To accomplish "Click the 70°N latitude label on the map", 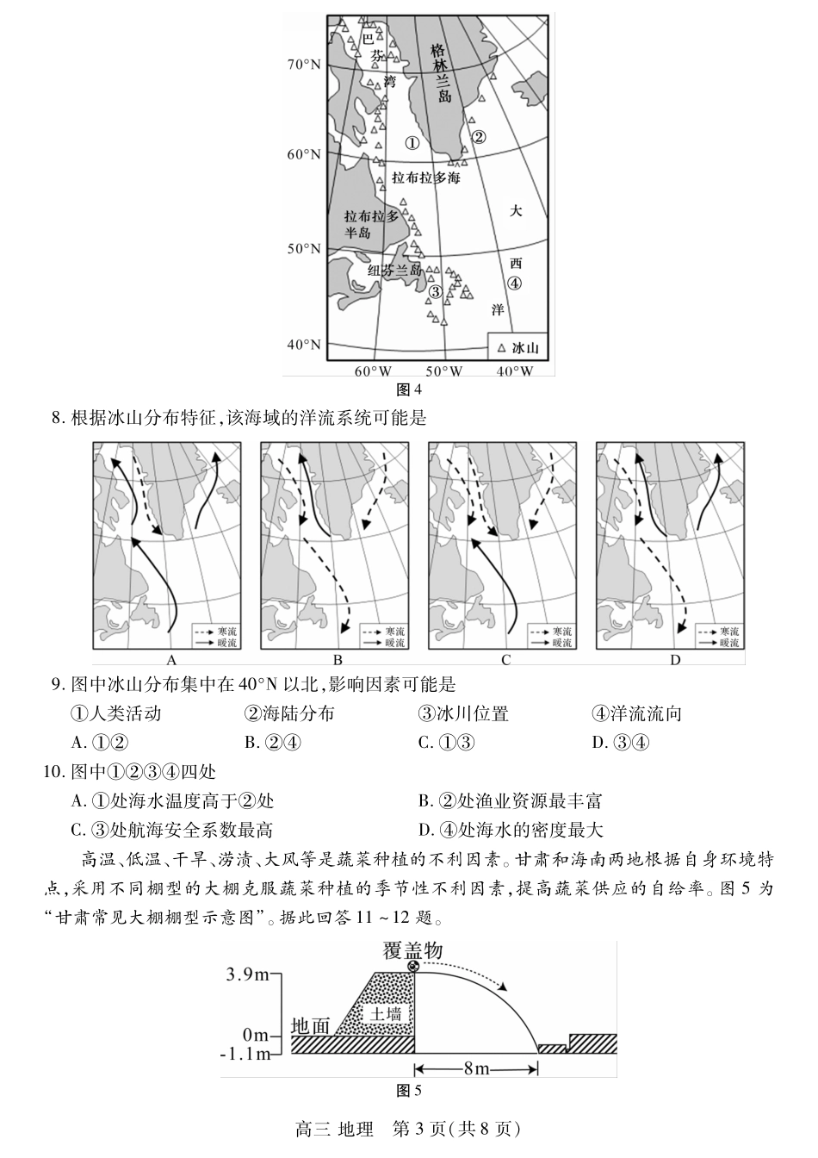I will point(303,65).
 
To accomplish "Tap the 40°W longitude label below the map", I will point(515,371).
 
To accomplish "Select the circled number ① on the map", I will point(412,144).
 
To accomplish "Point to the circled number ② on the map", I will point(480,136).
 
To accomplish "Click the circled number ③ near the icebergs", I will point(436,292).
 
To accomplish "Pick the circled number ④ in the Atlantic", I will point(514,283).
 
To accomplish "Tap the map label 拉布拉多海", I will point(425,178).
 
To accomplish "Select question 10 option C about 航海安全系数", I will point(172,830).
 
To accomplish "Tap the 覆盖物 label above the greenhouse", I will point(413,950).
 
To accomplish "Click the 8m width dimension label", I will point(476,1069).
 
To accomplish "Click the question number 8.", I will point(58,419).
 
